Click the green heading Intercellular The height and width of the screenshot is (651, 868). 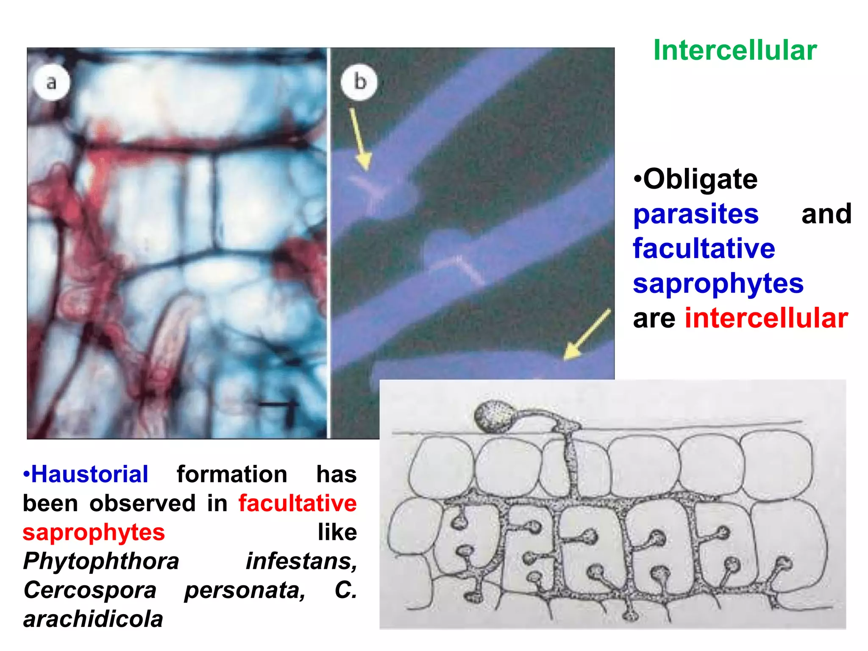[x=735, y=50]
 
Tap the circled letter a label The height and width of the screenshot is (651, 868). [x=51, y=82]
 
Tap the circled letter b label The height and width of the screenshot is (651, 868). [x=359, y=82]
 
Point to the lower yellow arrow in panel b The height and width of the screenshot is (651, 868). [x=587, y=335]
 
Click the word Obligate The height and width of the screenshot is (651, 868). [x=700, y=179]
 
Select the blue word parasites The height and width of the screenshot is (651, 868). [x=696, y=214]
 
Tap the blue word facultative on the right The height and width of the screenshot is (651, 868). [x=704, y=249]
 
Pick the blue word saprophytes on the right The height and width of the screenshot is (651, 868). [x=718, y=284]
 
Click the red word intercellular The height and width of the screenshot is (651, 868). [x=766, y=318]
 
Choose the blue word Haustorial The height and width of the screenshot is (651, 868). [x=89, y=474]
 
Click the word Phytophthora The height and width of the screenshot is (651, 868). [x=101, y=562]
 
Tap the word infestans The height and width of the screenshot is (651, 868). [x=301, y=562]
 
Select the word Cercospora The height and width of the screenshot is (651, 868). [x=90, y=590]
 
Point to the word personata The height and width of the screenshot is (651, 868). [x=245, y=590]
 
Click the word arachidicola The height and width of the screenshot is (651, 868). [x=93, y=619]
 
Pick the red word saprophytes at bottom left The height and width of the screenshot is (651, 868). [x=94, y=532]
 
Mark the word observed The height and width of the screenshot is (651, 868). [x=142, y=504]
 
